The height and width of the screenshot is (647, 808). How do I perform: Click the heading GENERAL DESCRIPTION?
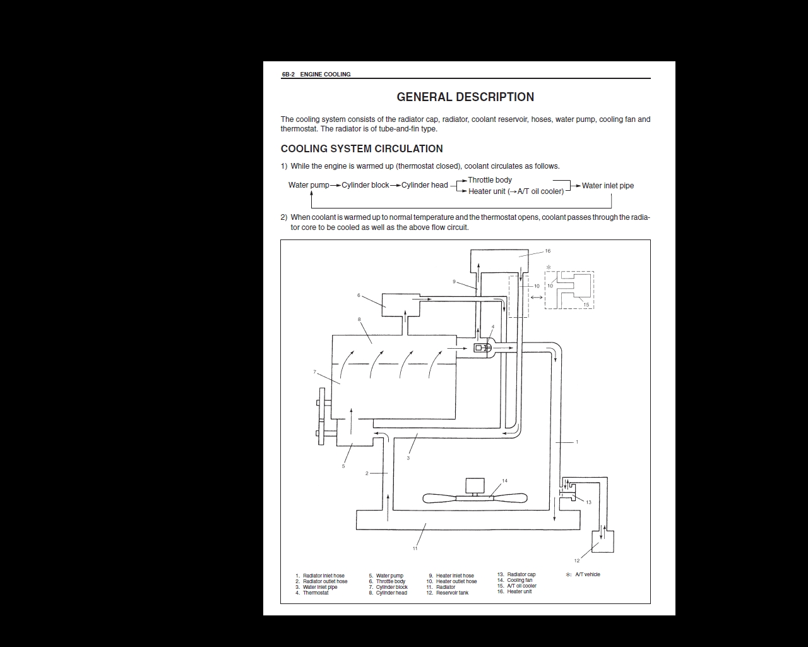[x=465, y=97]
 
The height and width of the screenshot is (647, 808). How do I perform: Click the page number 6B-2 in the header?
[x=288, y=75]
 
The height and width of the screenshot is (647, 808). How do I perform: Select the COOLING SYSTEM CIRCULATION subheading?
[x=362, y=149]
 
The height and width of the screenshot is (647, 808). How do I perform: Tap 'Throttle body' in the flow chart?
[x=490, y=180]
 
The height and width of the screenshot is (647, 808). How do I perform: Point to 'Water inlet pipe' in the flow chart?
[x=608, y=186]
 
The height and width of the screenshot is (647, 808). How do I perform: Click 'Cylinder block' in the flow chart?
[x=365, y=185]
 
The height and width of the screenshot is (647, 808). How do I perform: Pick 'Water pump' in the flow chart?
[x=309, y=185]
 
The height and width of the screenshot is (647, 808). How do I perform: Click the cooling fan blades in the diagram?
[x=475, y=499]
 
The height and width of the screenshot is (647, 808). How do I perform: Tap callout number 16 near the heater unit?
[x=548, y=251]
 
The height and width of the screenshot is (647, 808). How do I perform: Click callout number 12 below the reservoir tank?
[x=577, y=560]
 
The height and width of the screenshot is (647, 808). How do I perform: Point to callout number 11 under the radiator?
[x=415, y=548]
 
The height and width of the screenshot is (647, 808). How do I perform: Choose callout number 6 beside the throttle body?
[x=359, y=296]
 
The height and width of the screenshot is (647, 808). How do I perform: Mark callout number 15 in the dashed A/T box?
[x=586, y=305]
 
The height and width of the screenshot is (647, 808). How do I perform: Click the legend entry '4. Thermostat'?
[x=312, y=593]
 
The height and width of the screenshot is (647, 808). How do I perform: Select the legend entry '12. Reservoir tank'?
[x=448, y=593]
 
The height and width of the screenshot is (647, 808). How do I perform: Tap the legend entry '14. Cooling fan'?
[x=514, y=580]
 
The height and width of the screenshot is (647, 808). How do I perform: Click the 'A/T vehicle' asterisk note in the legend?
[x=583, y=574]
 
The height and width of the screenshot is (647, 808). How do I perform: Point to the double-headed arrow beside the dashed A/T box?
[x=537, y=298]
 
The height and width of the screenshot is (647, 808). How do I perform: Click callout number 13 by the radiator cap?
[x=588, y=502]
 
